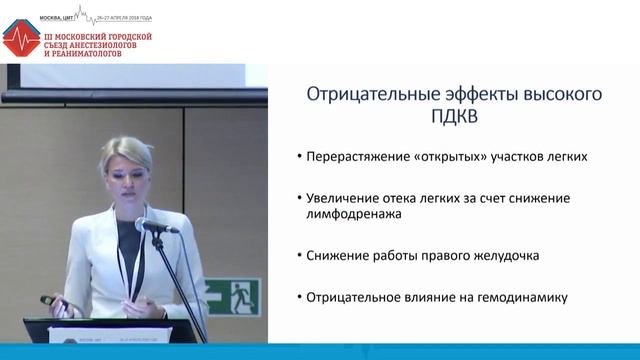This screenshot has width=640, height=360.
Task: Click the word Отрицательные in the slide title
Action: [362, 96]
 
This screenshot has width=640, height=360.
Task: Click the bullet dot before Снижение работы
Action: [300, 256]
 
